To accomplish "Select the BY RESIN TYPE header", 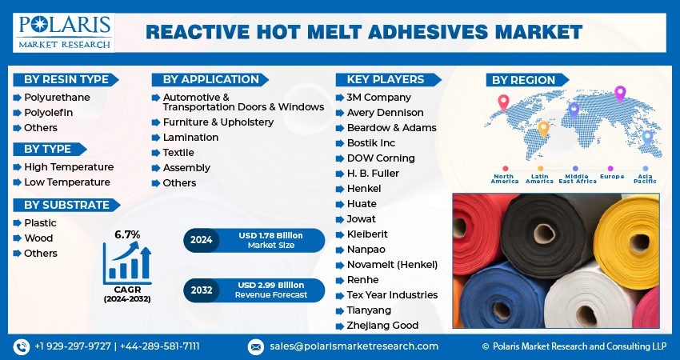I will pyautogui.click(x=66, y=79).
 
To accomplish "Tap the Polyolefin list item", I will pyautogui.click(x=48, y=113).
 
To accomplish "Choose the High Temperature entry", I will pyautogui.click(x=68, y=167).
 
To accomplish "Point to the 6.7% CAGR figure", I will pyautogui.click(x=127, y=234).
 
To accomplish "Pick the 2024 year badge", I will pyautogui.click(x=201, y=240).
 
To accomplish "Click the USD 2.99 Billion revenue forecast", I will pyautogui.click(x=270, y=285).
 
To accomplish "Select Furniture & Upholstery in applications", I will pyautogui.click(x=218, y=122).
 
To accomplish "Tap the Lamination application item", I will pyautogui.click(x=190, y=138).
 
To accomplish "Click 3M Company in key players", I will pyautogui.click(x=378, y=98).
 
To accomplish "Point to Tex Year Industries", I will pyautogui.click(x=392, y=295).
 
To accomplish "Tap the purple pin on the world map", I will pyautogui.click(x=619, y=93).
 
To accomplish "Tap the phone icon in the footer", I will pyautogui.click(x=21, y=346).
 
